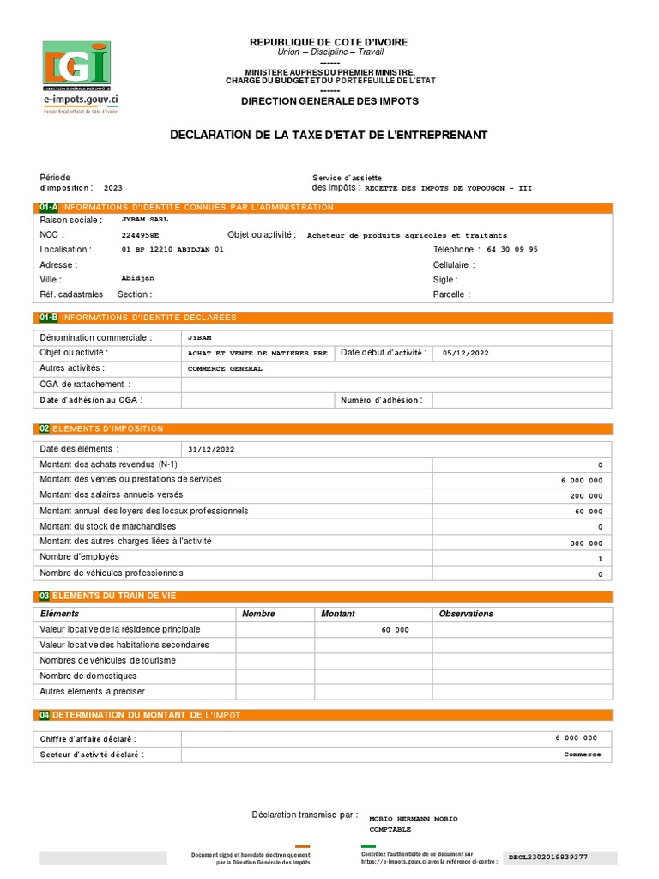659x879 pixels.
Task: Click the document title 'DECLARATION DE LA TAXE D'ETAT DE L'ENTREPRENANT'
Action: [x=329, y=135]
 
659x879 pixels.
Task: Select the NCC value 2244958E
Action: [x=140, y=235]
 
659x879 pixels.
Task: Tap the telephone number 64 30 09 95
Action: [x=512, y=250]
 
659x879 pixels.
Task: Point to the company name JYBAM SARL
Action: [x=145, y=220]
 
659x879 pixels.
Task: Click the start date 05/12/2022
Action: [x=466, y=353]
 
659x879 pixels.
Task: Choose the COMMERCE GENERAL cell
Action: [x=225, y=368]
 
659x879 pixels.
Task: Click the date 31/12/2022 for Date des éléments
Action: [x=210, y=449]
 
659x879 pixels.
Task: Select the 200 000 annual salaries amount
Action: [x=586, y=496]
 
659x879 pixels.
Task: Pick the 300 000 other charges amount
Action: [x=586, y=543]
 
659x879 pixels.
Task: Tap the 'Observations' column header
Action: [x=466, y=614]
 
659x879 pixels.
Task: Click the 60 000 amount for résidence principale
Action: [x=395, y=630]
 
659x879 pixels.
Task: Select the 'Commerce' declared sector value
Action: [x=583, y=755]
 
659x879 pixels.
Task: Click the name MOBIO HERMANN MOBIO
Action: [x=413, y=819]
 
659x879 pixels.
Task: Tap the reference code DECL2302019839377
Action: [x=548, y=857]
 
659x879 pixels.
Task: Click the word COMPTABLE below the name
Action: [x=390, y=830]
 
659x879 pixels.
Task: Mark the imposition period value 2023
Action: [x=113, y=187]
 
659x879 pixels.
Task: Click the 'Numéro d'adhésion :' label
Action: [x=381, y=400]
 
